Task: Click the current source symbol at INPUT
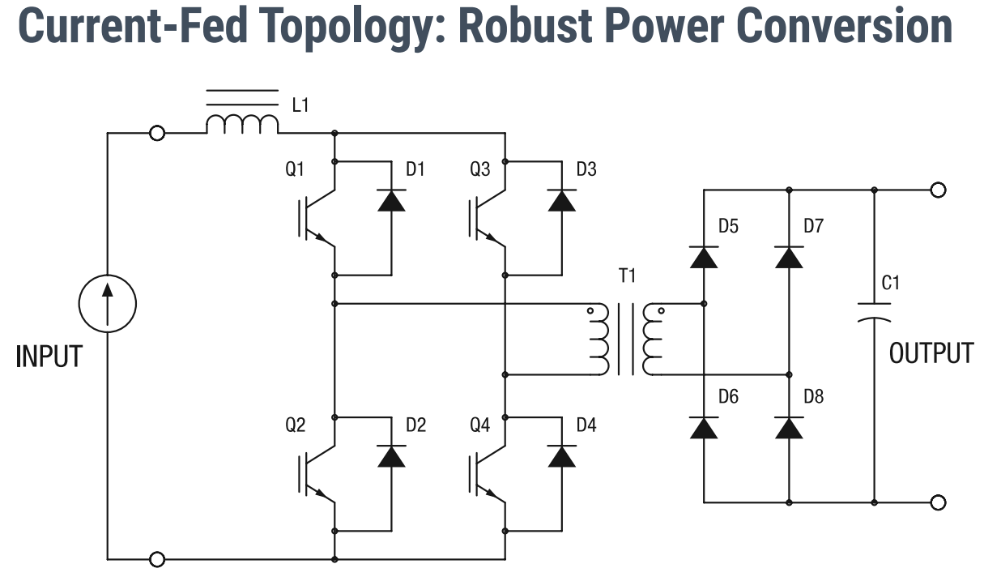[108, 304]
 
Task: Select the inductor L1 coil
[242, 124]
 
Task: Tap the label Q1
[296, 170]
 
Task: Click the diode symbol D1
[392, 199]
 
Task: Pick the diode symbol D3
[562, 199]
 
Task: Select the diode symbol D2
[392, 456]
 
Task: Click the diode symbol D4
[562, 456]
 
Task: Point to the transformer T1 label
[628, 276]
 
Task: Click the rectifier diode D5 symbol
[704, 256]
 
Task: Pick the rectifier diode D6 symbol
[704, 427]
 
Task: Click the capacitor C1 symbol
[875, 312]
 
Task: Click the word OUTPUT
[931, 353]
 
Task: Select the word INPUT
[49, 357]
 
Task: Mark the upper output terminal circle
[939, 190]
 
